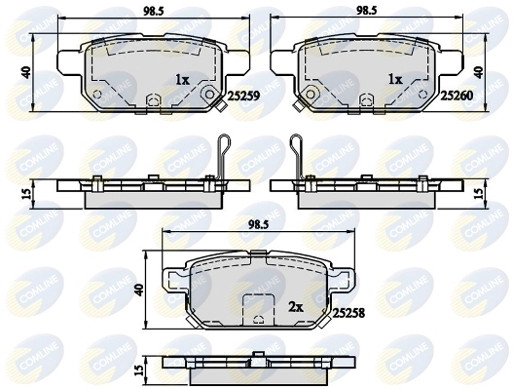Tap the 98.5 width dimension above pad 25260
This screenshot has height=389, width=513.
click(x=365, y=13)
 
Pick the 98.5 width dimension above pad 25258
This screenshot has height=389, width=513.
click(x=256, y=223)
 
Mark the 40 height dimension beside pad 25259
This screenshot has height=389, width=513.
click(x=28, y=73)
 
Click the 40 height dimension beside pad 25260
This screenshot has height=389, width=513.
click(x=478, y=72)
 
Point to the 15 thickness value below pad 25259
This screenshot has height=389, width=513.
click(x=27, y=193)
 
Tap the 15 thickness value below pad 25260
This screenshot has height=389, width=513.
click(x=478, y=193)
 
